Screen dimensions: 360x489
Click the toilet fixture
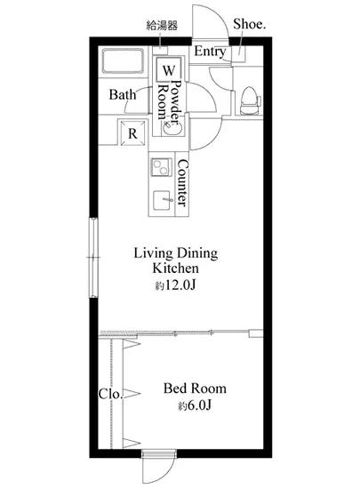coord(251,100)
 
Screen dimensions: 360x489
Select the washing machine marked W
coord(169,70)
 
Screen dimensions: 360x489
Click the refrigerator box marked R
coord(132,133)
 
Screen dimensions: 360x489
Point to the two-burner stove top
coord(162,167)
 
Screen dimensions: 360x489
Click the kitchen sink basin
coord(163,200)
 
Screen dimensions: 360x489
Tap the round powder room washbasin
coord(172,128)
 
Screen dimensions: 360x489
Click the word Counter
coord(183,183)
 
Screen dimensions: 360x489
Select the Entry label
coord(210,52)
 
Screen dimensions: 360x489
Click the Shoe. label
coord(250,24)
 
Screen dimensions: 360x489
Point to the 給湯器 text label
coord(162,26)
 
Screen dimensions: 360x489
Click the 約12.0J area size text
coord(175,285)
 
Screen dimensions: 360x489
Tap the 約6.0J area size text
coord(195,405)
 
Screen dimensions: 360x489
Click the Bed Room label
coord(196,389)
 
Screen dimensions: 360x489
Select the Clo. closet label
coord(110,394)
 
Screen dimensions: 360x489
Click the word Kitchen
coord(175,269)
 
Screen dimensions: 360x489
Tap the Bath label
coord(123,94)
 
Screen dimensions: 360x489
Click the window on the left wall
coord(93,257)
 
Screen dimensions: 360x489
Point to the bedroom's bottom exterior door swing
coord(157,469)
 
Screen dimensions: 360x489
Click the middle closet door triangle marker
coord(132,394)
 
